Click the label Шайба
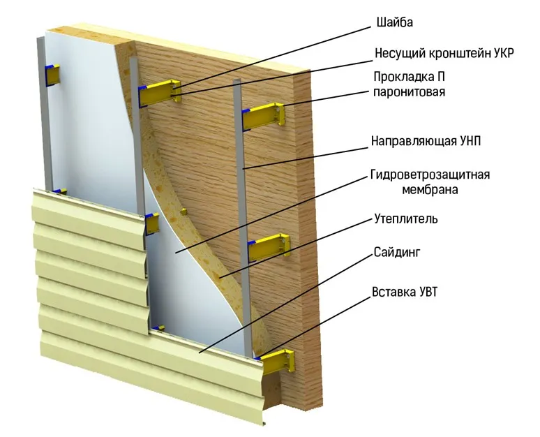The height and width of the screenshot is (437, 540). coord(394,23)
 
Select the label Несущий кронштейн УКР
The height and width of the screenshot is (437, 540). coord(444,54)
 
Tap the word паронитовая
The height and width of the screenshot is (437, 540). coord(409,92)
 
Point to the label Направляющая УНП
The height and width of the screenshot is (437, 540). coord(426,141)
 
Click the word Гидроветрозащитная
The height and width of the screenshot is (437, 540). coord(430,175)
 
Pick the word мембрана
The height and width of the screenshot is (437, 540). coord(430,190)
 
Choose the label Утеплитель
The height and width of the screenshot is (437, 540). coord(406,218)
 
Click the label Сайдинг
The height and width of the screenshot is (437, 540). coord(397,253)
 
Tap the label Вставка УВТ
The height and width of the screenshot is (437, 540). coord(405,292)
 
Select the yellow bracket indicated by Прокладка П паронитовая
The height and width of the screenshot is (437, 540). coord(264,116)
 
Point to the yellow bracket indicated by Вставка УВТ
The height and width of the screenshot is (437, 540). coord(278,362)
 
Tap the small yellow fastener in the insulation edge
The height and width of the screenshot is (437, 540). coord(184,212)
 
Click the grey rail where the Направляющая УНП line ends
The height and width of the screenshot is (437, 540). coord(243,168)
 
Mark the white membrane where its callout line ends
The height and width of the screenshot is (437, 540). coord(176,253)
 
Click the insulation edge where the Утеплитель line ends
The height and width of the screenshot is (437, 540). coord(220,276)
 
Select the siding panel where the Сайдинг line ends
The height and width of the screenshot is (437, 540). coord(199,353)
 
